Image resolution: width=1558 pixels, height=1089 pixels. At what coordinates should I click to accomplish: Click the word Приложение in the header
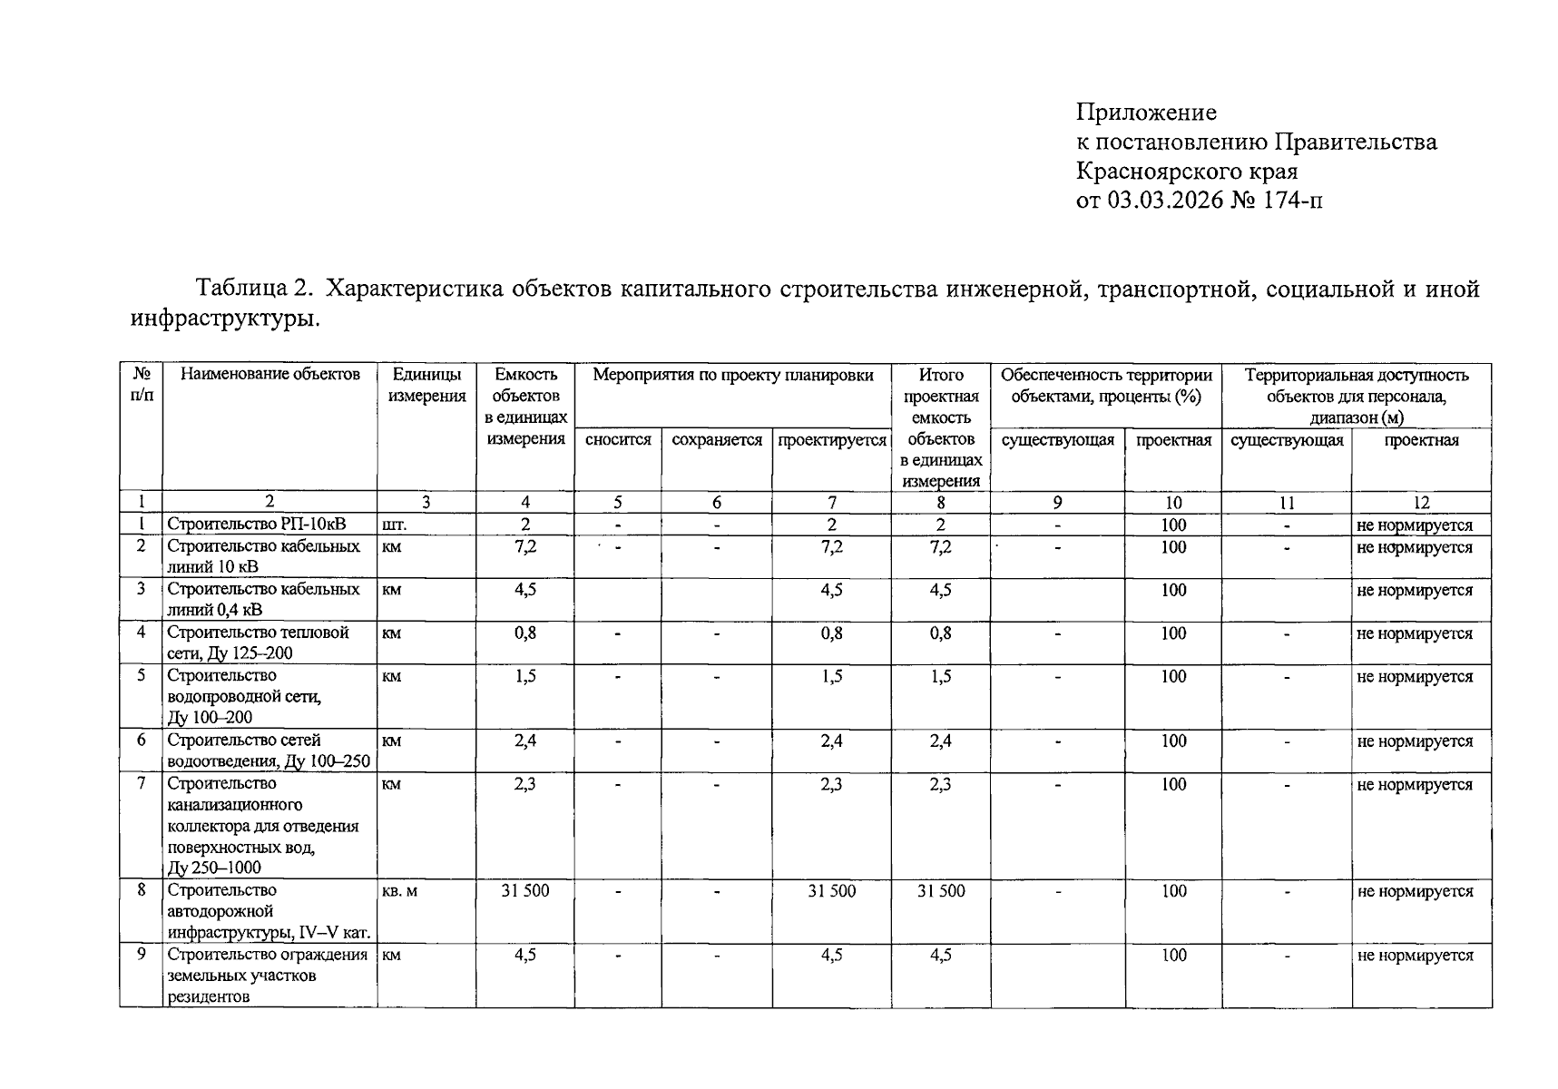click(1146, 113)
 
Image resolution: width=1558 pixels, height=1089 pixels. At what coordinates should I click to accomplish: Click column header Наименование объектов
click(269, 375)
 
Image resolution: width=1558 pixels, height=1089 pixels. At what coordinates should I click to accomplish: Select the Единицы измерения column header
click(426, 385)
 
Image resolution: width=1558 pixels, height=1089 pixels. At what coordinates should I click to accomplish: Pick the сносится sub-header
click(618, 440)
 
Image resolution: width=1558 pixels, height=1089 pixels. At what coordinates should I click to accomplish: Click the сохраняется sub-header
click(717, 440)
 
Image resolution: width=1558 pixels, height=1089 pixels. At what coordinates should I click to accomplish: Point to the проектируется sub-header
click(832, 440)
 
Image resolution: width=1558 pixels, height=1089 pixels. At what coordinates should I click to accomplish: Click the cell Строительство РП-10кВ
click(256, 525)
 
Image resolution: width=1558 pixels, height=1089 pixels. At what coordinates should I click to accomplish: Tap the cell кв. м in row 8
click(400, 891)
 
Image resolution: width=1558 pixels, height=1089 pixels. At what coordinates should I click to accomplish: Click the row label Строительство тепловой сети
click(258, 643)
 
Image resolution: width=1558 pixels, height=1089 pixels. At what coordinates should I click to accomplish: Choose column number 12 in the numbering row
click(1421, 503)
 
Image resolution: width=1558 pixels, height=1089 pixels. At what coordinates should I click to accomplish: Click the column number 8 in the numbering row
click(941, 503)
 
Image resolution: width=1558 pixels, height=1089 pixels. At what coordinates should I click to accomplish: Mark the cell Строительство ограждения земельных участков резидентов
click(268, 976)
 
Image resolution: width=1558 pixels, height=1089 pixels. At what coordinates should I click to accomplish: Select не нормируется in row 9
click(1415, 955)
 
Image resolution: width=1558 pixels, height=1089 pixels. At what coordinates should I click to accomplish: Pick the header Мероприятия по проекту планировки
click(732, 375)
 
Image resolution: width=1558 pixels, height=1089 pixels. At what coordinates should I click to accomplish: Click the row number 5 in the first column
click(142, 675)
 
